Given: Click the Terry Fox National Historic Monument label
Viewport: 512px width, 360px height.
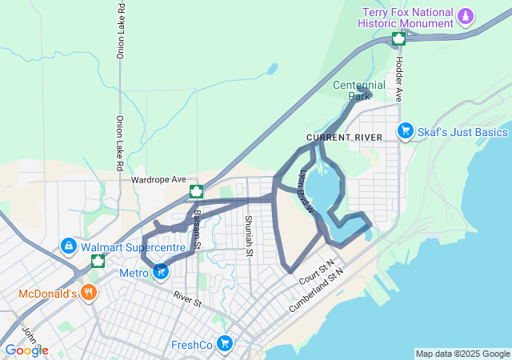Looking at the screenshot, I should click(407, 18).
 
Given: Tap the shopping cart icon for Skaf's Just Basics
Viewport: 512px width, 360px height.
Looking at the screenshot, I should click(406, 131).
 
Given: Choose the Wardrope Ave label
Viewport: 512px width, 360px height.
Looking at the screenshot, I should click(158, 179).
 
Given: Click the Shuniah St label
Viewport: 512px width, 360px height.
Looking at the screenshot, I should click(249, 236).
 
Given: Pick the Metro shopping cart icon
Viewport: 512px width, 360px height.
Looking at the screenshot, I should click(161, 273).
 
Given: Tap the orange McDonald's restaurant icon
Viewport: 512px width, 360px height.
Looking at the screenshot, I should click(89, 293).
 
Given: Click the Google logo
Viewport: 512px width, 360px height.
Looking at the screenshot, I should click(26, 350).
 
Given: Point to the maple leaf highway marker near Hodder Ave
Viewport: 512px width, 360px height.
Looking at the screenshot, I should click(398, 39).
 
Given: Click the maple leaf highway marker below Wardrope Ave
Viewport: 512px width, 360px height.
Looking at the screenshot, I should click(195, 192).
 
